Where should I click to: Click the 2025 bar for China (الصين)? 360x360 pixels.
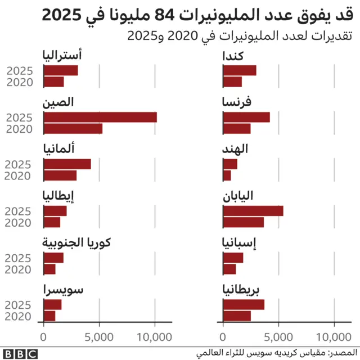100,118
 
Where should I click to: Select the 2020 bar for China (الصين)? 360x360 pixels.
73,129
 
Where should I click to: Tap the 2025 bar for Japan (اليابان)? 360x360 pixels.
253,211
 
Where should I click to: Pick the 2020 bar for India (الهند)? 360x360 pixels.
227,175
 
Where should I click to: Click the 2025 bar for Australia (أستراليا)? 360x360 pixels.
60,70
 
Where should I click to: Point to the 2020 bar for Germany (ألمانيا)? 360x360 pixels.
60,175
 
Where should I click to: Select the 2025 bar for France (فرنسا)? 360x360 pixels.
246,118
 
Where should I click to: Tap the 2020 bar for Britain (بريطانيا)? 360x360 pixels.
237,316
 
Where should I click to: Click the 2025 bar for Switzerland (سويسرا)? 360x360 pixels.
52,305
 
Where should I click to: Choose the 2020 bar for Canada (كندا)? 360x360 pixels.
232,82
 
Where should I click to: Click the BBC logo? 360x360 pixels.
19,354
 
